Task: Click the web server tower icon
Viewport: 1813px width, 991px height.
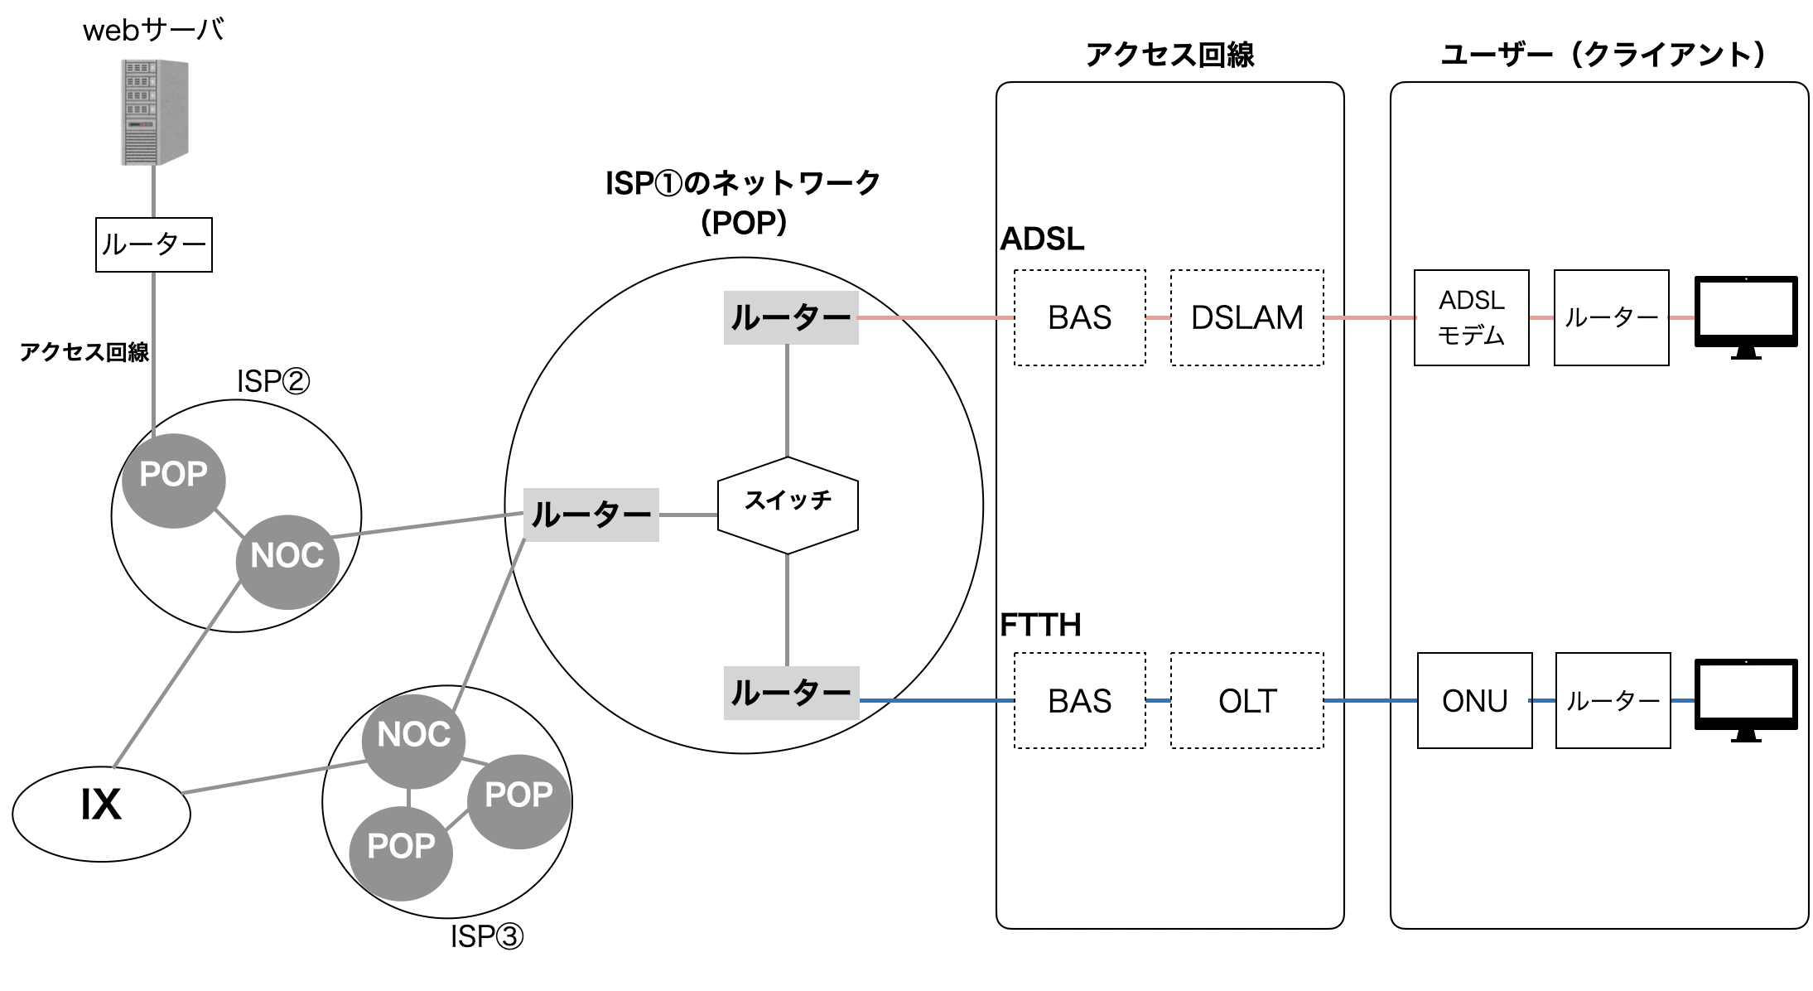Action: [155, 112]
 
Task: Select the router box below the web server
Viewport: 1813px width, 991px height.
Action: [154, 244]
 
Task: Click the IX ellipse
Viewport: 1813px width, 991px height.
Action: [101, 813]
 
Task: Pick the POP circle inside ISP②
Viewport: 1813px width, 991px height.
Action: [173, 480]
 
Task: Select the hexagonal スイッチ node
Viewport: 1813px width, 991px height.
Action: [788, 505]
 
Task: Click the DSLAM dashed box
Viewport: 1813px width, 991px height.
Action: [1246, 317]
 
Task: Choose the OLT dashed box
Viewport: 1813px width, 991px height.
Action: [1246, 701]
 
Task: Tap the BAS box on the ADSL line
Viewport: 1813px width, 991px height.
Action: [1079, 317]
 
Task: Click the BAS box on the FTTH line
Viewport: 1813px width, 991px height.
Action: [1079, 701]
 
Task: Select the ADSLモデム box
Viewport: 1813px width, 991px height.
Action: [1471, 317]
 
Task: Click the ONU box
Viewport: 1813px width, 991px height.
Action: [1474, 701]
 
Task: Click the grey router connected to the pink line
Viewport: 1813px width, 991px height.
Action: [791, 317]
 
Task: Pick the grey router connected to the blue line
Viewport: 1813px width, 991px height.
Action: [791, 693]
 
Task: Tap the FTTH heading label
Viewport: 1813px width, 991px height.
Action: [1040, 625]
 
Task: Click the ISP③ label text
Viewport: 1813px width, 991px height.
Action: [486, 936]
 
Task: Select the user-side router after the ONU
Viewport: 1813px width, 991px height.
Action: [1613, 701]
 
